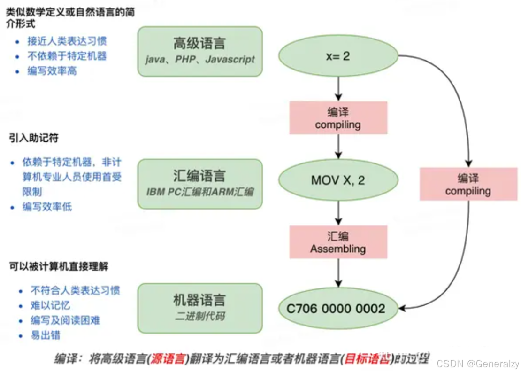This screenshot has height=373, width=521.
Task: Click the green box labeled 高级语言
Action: click(x=199, y=51)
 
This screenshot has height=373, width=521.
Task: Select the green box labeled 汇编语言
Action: click(x=199, y=183)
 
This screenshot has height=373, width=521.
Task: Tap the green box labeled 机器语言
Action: click(x=199, y=307)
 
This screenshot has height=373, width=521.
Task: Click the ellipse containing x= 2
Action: click(x=338, y=56)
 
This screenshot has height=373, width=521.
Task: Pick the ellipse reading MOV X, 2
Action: click(x=338, y=180)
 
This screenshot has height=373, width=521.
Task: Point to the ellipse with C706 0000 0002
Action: click(x=338, y=308)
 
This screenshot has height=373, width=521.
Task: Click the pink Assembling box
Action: click(x=338, y=242)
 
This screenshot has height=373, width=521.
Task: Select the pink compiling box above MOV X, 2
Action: click(x=338, y=118)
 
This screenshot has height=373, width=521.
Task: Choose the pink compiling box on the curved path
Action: click(x=468, y=184)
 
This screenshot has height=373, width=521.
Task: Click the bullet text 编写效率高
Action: click(x=52, y=71)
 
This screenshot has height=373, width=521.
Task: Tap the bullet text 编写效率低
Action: click(x=47, y=207)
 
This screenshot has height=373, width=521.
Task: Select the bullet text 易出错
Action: click(x=46, y=335)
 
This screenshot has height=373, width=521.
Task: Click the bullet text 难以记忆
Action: click(x=51, y=306)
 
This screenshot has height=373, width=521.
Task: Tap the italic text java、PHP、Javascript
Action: click(x=199, y=60)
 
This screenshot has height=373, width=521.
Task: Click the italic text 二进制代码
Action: click(x=199, y=316)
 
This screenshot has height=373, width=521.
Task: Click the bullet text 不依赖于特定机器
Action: click(x=67, y=56)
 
